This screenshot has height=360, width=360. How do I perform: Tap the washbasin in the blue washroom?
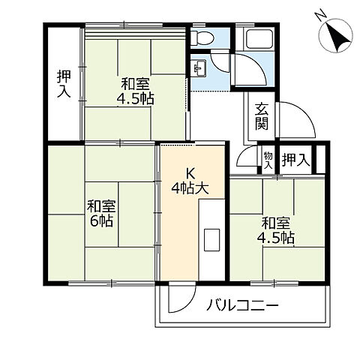199,70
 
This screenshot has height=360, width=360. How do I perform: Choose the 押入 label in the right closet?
295,159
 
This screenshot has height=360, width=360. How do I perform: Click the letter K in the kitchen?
190,172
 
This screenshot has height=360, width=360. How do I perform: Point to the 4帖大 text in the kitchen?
190,188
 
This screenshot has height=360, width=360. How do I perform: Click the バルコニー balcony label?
242,306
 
